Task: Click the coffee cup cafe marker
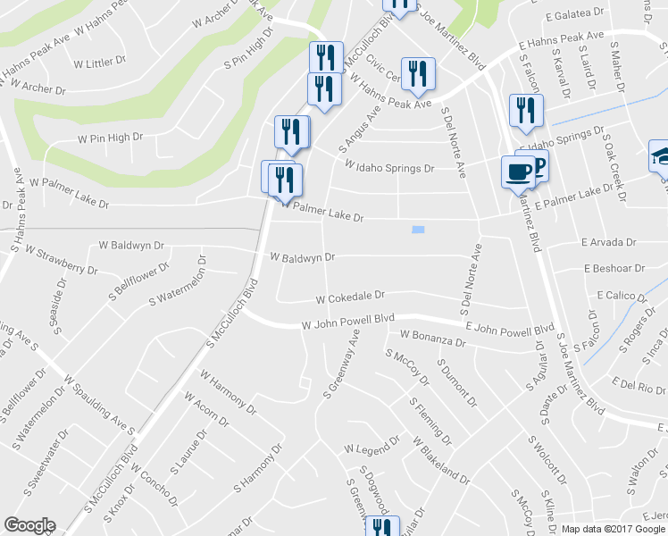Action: pyautogui.click(x=518, y=170)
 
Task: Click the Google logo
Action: pyautogui.click(x=29, y=524)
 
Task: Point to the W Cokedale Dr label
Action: pyautogui.click(x=350, y=295)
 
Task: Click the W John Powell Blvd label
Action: pyautogui.click(x=348, y=322)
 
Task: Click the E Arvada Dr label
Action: pyautogui.click(x=607, y=242)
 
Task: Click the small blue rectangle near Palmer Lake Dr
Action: pyautogui.click(x=418, y=230)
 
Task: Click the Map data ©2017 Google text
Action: pyautogui.click(x=613, y=529)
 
